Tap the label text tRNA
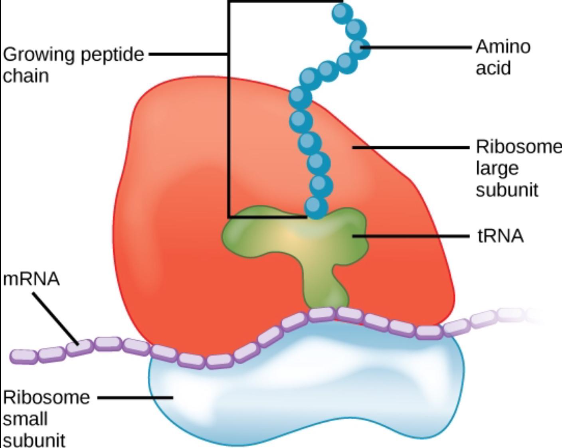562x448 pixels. coord(500,236)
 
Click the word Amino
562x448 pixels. coord(503,47)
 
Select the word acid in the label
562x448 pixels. coord(493,68)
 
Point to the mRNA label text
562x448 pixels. coord(31,278)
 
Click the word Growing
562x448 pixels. coord(39,54)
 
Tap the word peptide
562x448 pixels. coord(112,54)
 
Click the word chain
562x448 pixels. coord(26,76)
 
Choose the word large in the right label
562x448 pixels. coord(497,168)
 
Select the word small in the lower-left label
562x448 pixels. coord(25,419)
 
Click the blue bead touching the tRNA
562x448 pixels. coord(316,207)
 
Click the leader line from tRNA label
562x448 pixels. coord(411,236)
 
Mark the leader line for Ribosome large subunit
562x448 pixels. coord(411,147)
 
